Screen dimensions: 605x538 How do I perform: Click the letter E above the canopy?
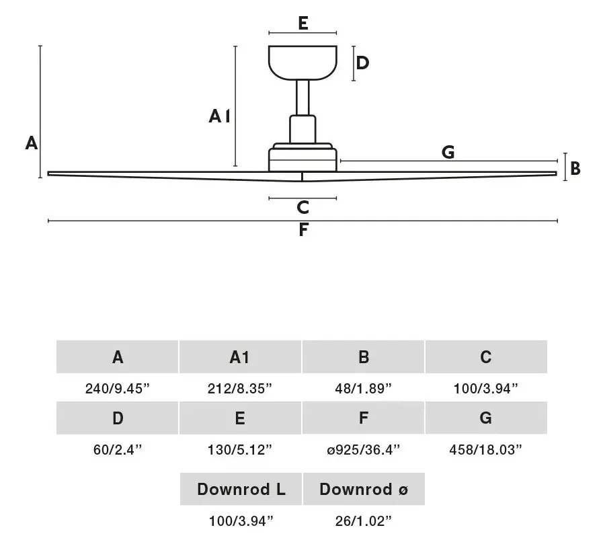[303, 23]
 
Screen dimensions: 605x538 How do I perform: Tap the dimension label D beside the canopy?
[362, 63]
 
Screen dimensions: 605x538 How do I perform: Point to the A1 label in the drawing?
[219, 116]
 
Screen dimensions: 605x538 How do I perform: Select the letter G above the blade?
[448, 152]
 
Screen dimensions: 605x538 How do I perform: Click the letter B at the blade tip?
[575, 169]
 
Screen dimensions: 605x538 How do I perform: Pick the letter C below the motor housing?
[303, 207]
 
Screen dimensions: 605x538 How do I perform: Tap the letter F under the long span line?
[304, 229]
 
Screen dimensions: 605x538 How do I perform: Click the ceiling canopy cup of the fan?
[303, 63]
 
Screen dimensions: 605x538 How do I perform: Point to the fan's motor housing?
[303, 157]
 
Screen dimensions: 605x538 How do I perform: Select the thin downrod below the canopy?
[303, 98]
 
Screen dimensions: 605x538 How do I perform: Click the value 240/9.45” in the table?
[117, 388]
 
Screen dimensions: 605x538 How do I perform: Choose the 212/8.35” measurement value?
[239, 388]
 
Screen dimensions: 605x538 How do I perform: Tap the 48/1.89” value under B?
[363, 388]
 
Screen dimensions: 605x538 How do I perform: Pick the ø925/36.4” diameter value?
[363, 450]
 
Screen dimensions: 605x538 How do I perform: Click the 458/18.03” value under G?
[485, 450]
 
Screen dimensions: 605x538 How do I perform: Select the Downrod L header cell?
[241, 489]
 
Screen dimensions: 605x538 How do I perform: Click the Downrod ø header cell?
[364, 489]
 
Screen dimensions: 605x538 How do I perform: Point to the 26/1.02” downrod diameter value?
[363, 521]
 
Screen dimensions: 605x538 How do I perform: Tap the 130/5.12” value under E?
[239, 450]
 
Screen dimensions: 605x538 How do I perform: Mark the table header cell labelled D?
[117, 418]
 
